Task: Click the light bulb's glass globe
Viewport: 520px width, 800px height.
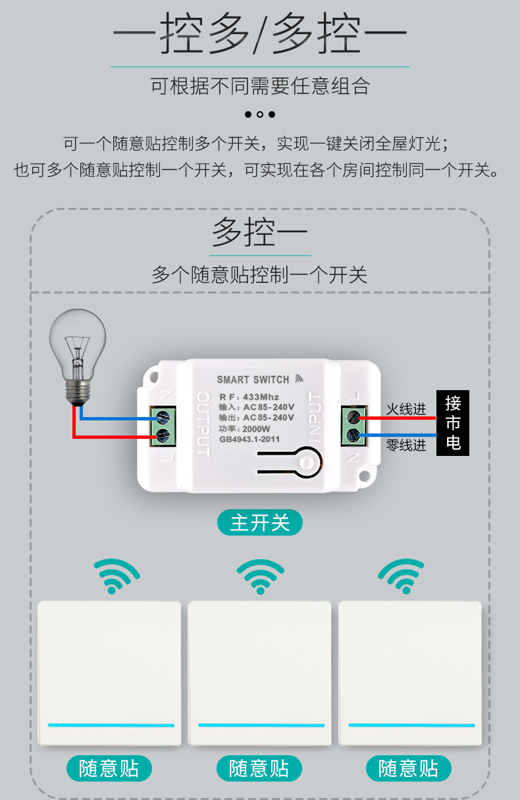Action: (78, 343)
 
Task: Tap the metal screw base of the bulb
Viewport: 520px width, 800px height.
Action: (78, 393)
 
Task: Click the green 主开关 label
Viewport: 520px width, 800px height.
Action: (260, 522)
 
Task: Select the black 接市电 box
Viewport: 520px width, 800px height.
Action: (452, 423)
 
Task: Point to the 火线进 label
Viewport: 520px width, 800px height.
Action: (406, 409)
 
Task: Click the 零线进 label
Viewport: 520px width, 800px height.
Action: (406, 445)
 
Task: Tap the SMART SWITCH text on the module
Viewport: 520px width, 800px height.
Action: (253, 380)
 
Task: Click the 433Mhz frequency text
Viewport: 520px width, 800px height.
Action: (261, 397)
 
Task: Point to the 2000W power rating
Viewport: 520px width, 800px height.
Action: (256, 428)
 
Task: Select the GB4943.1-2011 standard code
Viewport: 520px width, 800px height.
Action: (249, 439)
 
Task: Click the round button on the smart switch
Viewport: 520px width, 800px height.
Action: (306, 462)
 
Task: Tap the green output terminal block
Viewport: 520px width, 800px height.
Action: (163, 426)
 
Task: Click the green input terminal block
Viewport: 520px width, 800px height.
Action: (354, 426)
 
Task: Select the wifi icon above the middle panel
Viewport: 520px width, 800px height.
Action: (260, 576)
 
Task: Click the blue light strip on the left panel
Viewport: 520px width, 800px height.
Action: (111, 726)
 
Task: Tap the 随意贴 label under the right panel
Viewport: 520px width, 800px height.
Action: (409, 768)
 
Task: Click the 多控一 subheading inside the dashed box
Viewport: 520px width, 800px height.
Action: (260, 232)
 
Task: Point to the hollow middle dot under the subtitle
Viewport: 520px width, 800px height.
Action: (260, 114)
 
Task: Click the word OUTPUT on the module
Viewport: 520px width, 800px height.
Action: (203, 424)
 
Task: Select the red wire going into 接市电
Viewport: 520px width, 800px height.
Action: (398, 418)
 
